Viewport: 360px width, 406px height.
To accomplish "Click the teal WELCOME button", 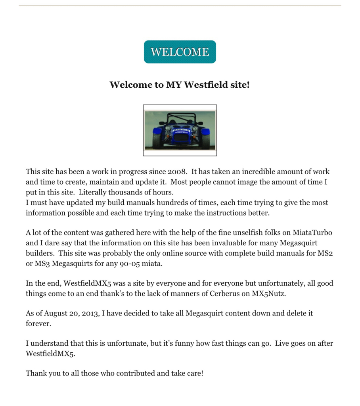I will point(180,52).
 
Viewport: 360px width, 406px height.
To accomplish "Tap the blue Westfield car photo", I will point(180,131).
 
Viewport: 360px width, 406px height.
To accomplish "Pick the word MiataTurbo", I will point(312,233).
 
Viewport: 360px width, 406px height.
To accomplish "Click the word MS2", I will point(325,253).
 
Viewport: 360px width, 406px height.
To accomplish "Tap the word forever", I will point(38,324).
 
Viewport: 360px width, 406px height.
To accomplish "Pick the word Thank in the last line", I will point(36,373).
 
